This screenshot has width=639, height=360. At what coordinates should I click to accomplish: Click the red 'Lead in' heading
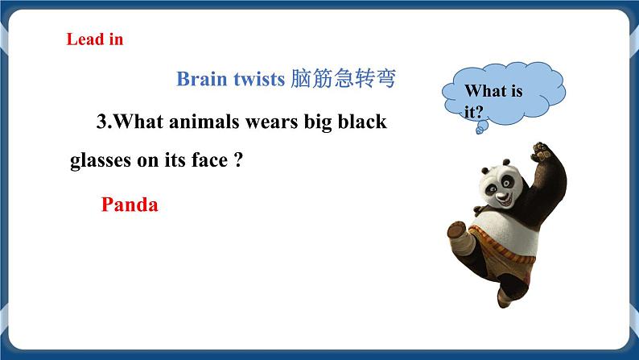[94, 39]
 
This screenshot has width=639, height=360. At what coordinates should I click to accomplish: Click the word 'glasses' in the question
[101, 160]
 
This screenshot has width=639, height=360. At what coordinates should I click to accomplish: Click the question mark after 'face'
[237, 160]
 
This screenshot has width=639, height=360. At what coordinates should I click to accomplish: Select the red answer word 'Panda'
[130, 205]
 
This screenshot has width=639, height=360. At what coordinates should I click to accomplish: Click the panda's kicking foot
[456, 230]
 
